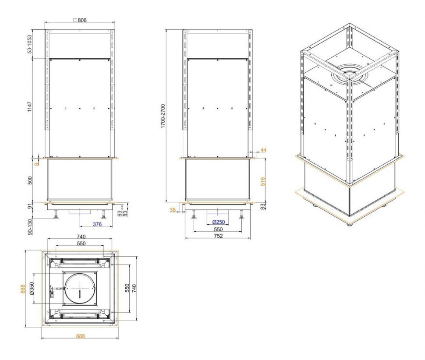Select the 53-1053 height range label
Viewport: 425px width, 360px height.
pyautogui.click(x=29, y=44)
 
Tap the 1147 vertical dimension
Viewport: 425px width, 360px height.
pyautogui.click(x=29, y=107)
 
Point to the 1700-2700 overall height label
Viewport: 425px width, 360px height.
pyautogui.click(x=163, y=116)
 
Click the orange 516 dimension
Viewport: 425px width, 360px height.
pyautogui.click(x=262, y=181)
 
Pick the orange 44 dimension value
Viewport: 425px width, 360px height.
pyautogui.click(x=263, y=150)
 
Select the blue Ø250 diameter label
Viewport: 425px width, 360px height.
pyautogui.click(x=219, y=222)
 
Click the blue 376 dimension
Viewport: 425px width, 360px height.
pyautogui.click(x=97, y=224)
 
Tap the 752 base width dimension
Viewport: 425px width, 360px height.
pyautogui.click(x=218, y=236)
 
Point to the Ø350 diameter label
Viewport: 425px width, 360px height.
pyautogui.click(x=32, y=289)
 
